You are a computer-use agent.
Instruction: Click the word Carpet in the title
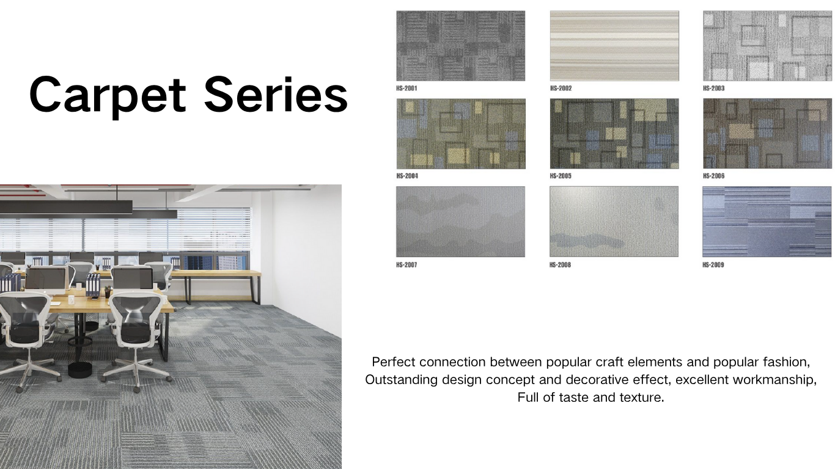pyautogui.click(x=108, y=96)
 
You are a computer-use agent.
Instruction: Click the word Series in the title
pyautogui.click(x=276, y=94)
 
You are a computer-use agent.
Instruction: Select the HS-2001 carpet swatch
pyautogui.click(x=461, y=46)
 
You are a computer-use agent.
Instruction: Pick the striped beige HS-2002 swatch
pyautogui.click(x=614, y=46)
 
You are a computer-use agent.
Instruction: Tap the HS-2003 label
pyautogui.click(x=713, y=89)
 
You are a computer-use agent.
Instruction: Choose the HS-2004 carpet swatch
pyautogui.click(x=461, y=134)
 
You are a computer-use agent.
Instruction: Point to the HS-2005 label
pyautogui.click(x=561, y=176)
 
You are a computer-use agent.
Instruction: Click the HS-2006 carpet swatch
pyautogui.click(x=768, y=133)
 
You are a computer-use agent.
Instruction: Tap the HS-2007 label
pyautogui.click(x=406, y=265)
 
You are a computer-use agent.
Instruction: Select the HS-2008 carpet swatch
pyautogui.click(x=614, y=222)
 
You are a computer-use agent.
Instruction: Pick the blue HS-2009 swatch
pyautogui.click(x=767, y=222)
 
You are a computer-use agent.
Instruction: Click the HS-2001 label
pyautogui.click(x=406, y=89)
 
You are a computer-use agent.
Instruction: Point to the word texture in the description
pyautogui.click(x=642, y=398)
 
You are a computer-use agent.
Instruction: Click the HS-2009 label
pyautogui.click(x=713, y=265)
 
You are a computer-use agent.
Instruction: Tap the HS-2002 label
pyautogui.click(x=561, y=89)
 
